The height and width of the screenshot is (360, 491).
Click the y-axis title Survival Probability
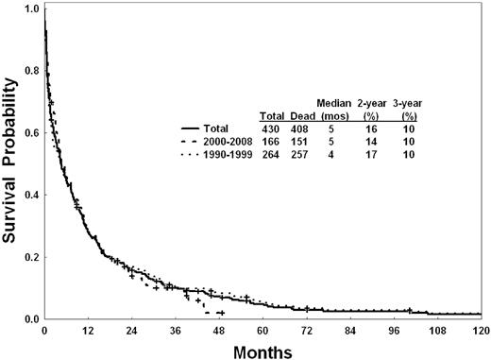(x=12, y=161)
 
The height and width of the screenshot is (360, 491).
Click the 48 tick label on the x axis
(x=220, y=331)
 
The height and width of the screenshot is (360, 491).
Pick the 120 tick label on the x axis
(x=482, y=331)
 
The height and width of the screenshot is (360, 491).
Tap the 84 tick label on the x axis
(x=350, y=331)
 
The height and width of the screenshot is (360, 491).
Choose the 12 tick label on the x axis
(x=89, y=331)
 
